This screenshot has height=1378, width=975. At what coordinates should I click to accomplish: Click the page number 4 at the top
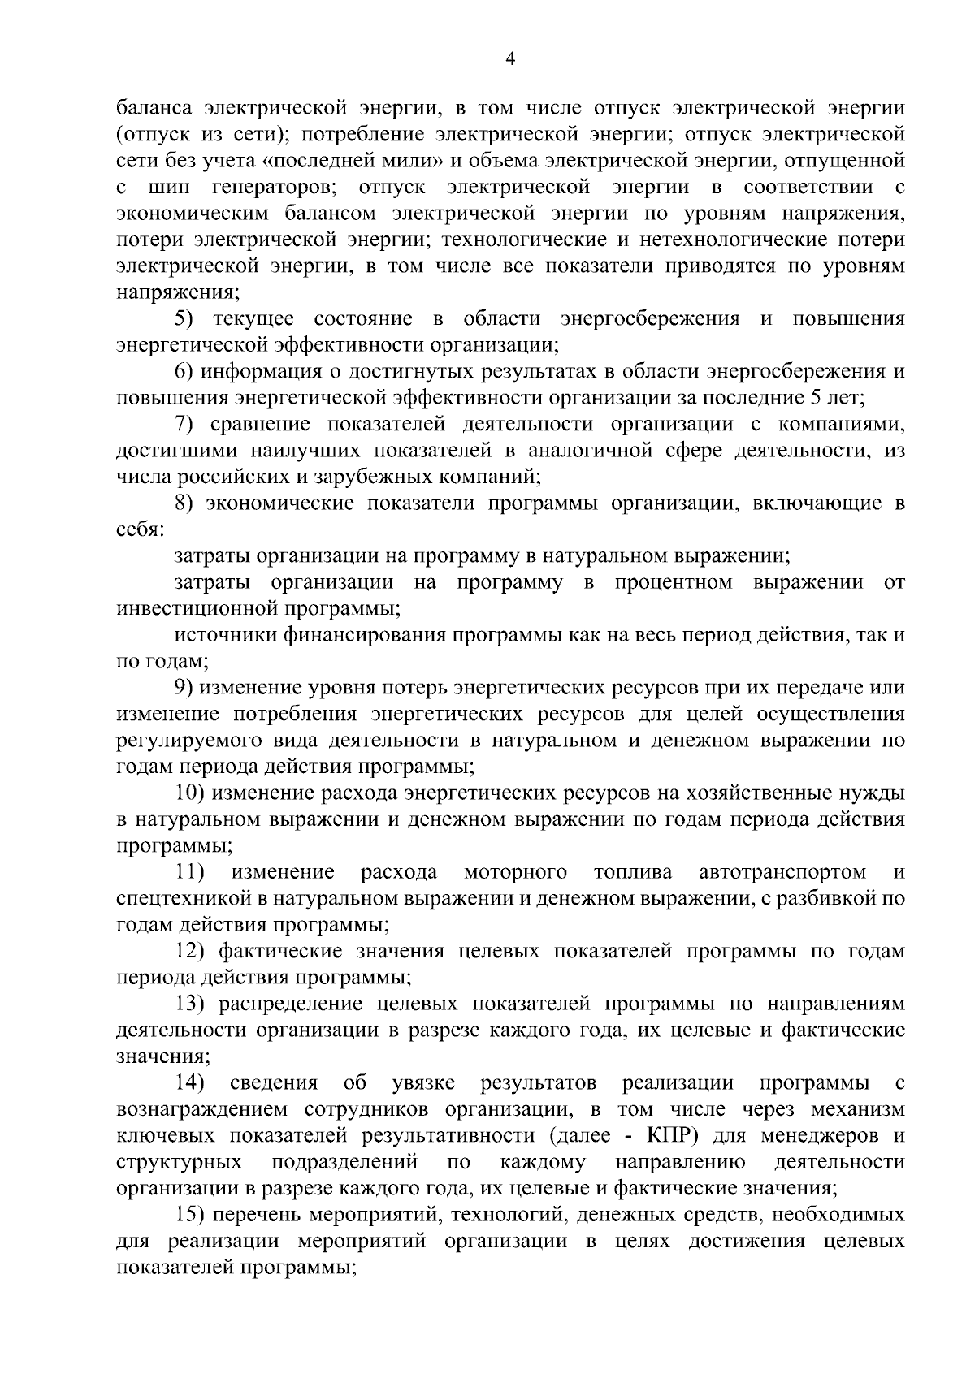coord(510,58)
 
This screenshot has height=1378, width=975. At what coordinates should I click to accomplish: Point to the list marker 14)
coord(191,1082)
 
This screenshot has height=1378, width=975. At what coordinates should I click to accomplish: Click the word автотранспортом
coord(782,872)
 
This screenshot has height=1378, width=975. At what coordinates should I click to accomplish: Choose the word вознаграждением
coord(212,1109)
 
